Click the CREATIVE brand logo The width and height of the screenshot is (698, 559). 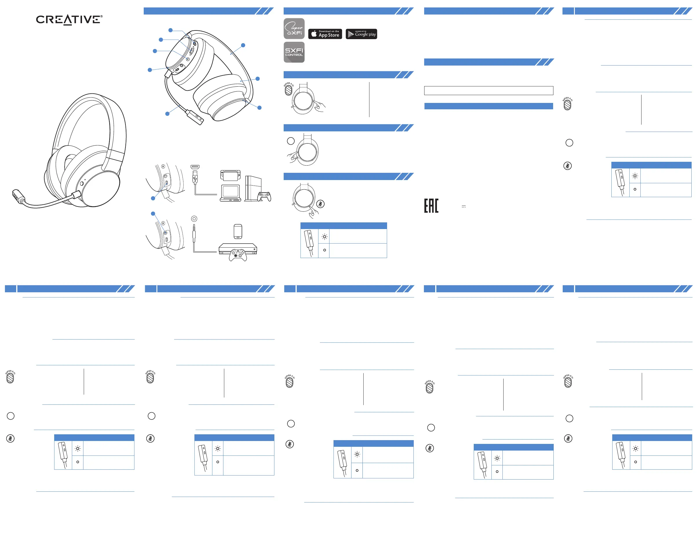click(69, 20)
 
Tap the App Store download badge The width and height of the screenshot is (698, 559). click(325, 34)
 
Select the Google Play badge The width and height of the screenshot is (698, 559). click(361, 34)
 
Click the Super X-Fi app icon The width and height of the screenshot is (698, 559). click(294, 28)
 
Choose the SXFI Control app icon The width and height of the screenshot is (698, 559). click(294, 52)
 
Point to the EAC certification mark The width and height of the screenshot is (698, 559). click(431, 206)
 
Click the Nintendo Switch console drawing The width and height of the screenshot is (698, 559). click(231, 175)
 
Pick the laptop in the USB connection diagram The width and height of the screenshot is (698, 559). click(231, 193)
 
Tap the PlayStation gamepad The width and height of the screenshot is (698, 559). click(264, 196)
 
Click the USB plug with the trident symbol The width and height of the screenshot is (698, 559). click(195, 177)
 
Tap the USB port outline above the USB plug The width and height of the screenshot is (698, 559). click(195, 167)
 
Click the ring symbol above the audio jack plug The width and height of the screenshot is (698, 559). click(194, 219)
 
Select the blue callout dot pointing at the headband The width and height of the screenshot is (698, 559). click(243, 45)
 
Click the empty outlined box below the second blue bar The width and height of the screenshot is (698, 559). click(489, 90)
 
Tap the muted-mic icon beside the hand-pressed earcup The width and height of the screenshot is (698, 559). click(320, 204)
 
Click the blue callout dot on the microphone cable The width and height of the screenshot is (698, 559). click(167, 114)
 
